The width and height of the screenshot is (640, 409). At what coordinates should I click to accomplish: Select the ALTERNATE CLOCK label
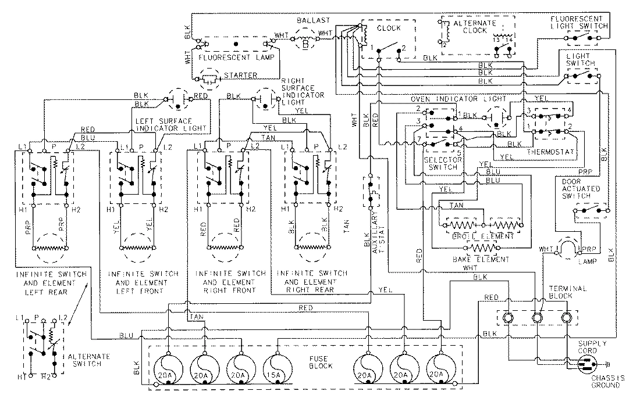pos(475,27)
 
